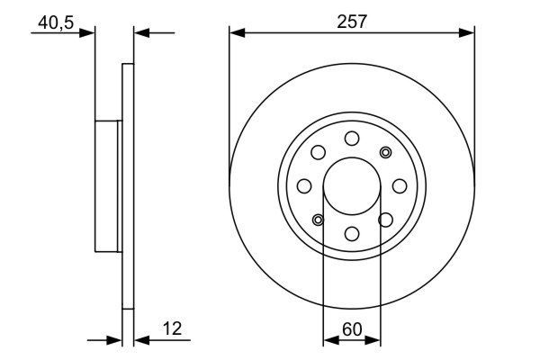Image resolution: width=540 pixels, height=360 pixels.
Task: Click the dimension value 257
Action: [x=352, y=22]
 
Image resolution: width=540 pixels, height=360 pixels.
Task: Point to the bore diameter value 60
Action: [x=352, y=329]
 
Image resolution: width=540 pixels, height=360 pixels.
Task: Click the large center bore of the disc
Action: [x=352, y=185]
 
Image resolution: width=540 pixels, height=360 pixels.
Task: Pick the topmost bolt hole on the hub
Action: [x=352, y=138]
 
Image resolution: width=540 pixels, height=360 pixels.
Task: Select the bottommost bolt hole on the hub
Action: [x=352, y=234]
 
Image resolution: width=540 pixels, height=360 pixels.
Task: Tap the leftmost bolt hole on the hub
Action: [x=304, y=186]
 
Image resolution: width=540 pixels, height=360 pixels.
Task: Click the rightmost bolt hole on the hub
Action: [x=400, y=186]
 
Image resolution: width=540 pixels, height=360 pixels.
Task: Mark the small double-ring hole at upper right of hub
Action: [x=386, y=152]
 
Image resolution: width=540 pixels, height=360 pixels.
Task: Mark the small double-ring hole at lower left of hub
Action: [x=318, y=220]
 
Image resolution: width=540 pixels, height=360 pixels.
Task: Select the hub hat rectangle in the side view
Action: [x=107, y=186]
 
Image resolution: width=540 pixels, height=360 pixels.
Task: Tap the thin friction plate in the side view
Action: [x=128, y=186]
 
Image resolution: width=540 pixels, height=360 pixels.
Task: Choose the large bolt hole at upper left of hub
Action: [x=318, y=152]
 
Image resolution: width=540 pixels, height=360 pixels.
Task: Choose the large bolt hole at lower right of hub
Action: [x=386, y=220]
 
